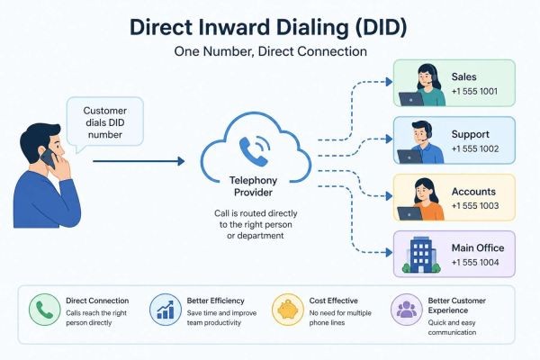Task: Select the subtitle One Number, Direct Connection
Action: tap(270, 51)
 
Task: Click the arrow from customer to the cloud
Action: tap(139, 162)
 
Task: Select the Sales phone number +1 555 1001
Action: tap(474, 93)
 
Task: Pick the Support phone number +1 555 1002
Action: tap(474, 149)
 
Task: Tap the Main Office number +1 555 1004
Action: tap(474, 264)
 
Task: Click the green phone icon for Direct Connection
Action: tap(44, 309)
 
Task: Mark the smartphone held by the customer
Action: tap(44, 159)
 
